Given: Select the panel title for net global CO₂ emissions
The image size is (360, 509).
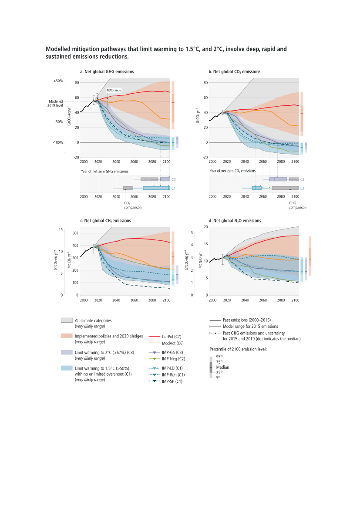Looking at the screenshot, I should (x=235, y=71).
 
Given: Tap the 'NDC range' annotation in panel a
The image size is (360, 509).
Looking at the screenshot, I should (x=114, y=90).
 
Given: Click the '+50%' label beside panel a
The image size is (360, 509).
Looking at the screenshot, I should (x=58, y=81).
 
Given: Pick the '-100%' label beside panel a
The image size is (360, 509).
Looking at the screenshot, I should (x=58, y=142).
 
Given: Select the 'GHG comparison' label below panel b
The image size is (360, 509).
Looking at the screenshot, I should (x=297, y=205).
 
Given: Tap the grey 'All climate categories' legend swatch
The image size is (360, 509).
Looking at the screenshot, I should (x=67, y=320).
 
